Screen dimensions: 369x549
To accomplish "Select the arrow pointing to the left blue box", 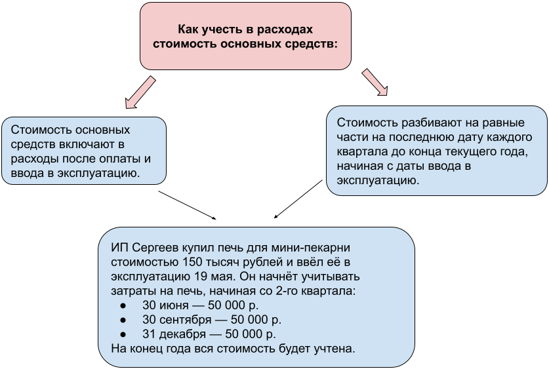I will [140, 92].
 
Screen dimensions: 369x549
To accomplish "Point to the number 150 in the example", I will [190, 262].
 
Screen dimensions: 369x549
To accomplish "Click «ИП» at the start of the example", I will [119, 247].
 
